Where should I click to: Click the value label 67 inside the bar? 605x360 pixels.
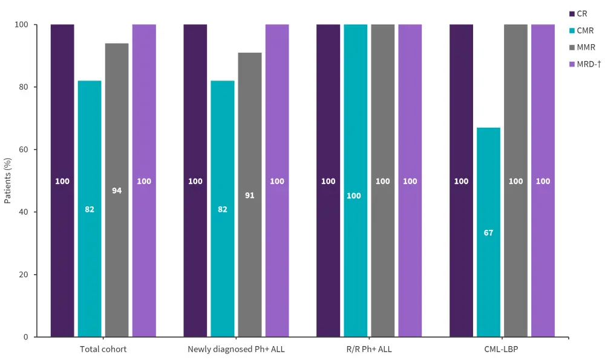[488, 232]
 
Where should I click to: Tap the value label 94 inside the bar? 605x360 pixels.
[117, 191]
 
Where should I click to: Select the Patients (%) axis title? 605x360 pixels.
[8, 180]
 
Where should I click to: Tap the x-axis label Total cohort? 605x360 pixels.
[103, 349]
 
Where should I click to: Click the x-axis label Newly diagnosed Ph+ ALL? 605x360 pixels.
[236, 349]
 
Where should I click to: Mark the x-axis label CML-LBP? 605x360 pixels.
[502, 349]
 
